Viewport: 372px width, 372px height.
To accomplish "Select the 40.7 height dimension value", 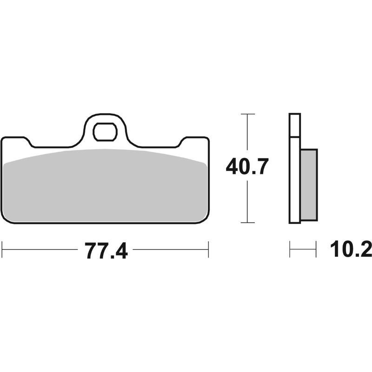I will point(247,167).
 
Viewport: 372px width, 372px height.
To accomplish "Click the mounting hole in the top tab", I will point(105,132).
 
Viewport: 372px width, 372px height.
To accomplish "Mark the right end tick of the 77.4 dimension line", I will point(208,249).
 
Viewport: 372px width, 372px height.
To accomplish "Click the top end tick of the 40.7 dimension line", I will point(247,114).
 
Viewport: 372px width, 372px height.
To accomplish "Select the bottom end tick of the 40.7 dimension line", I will point(247,222).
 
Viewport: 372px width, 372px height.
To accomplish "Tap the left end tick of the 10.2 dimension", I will point(290,249).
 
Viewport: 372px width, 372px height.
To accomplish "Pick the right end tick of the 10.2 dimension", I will point(316,249).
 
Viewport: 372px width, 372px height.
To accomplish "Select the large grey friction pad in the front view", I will point(105,186).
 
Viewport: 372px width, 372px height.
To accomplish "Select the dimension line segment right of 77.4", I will point(170,249).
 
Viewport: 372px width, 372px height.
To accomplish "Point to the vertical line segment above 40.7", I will point(247,135).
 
